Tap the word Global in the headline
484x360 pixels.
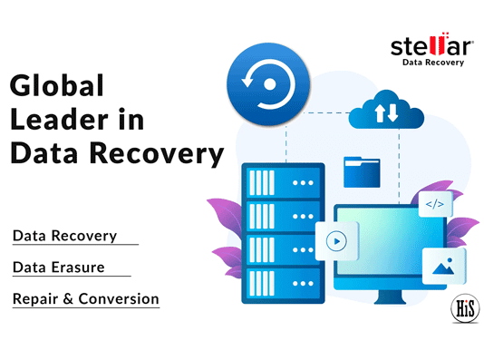[58, 87]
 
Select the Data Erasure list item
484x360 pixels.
[58, 268]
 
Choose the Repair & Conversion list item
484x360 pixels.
[85, 298]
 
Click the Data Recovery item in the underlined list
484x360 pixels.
[64, 236]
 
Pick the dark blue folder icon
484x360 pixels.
[362, 171]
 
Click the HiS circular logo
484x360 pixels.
[464, 308]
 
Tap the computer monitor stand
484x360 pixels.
[386, 304]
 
